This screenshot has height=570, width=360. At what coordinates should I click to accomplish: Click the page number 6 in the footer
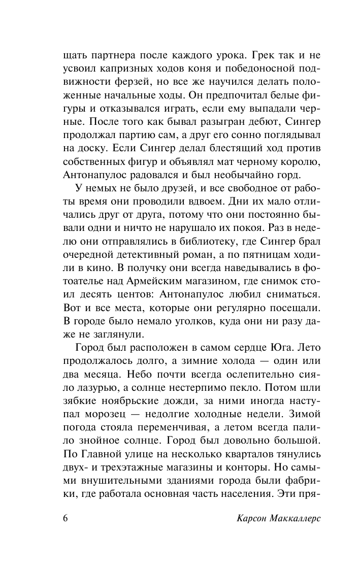(66, 533)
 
